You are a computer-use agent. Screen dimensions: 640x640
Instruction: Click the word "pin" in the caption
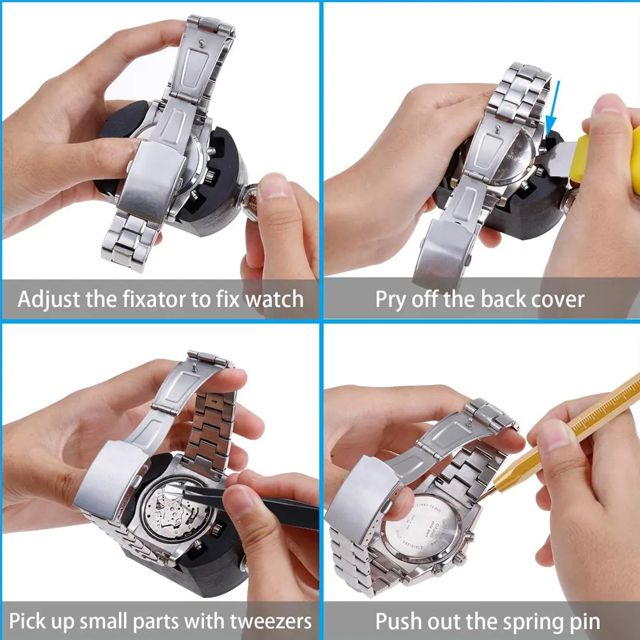tap(582, 620)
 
